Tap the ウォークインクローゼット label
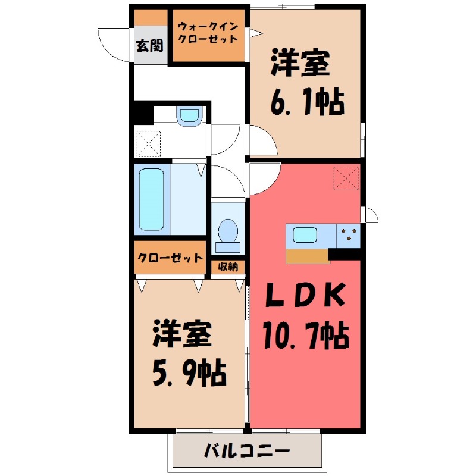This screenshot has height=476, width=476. click(208, 33)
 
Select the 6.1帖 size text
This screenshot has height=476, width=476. click(307, 104)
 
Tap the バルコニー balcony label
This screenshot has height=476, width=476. click(248, 450)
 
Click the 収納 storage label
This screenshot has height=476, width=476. click(228, 267)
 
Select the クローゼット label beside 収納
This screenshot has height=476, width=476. click(170, 258)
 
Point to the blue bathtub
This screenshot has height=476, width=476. click(151, 199)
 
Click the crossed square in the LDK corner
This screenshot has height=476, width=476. click(347, 177)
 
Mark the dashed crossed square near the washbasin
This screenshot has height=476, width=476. click(148, 142)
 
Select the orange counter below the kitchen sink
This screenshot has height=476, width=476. click(307, 256)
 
